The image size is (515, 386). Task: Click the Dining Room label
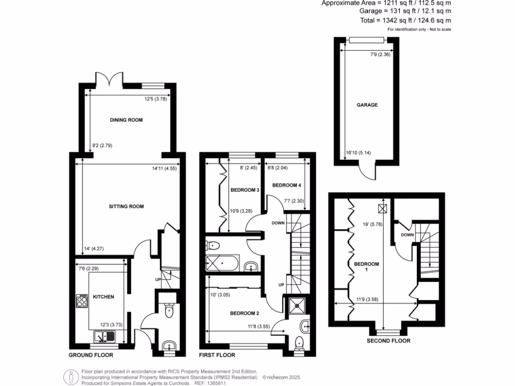126,120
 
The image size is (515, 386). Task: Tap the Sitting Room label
126,206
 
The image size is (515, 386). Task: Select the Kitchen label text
103,297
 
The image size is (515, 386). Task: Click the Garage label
367,105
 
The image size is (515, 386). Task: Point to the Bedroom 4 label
286,185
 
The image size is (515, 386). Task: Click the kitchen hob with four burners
82,301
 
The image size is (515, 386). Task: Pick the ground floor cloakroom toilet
168,311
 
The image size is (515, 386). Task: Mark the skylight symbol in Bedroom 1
383,208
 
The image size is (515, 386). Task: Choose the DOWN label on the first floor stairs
278,223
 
